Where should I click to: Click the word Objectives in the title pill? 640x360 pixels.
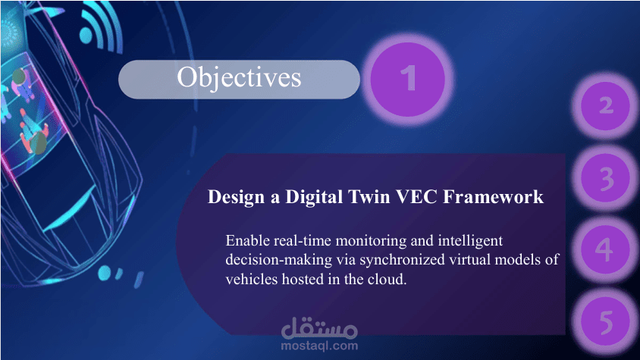[239, 77]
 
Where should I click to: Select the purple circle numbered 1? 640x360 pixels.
[408, 79]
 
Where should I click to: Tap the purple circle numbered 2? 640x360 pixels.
[606, 105]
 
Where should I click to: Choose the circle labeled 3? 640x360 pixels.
[606, 178]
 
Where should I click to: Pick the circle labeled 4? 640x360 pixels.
[605, 249]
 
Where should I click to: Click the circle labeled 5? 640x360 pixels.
[605, 322]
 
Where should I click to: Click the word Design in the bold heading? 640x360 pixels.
[237, 197]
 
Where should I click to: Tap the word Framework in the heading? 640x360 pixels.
[493, 197]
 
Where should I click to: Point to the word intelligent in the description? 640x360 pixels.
[471, 241]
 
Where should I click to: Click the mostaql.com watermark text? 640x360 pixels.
[319, 346]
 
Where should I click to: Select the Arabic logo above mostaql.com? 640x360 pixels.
[319, 327]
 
